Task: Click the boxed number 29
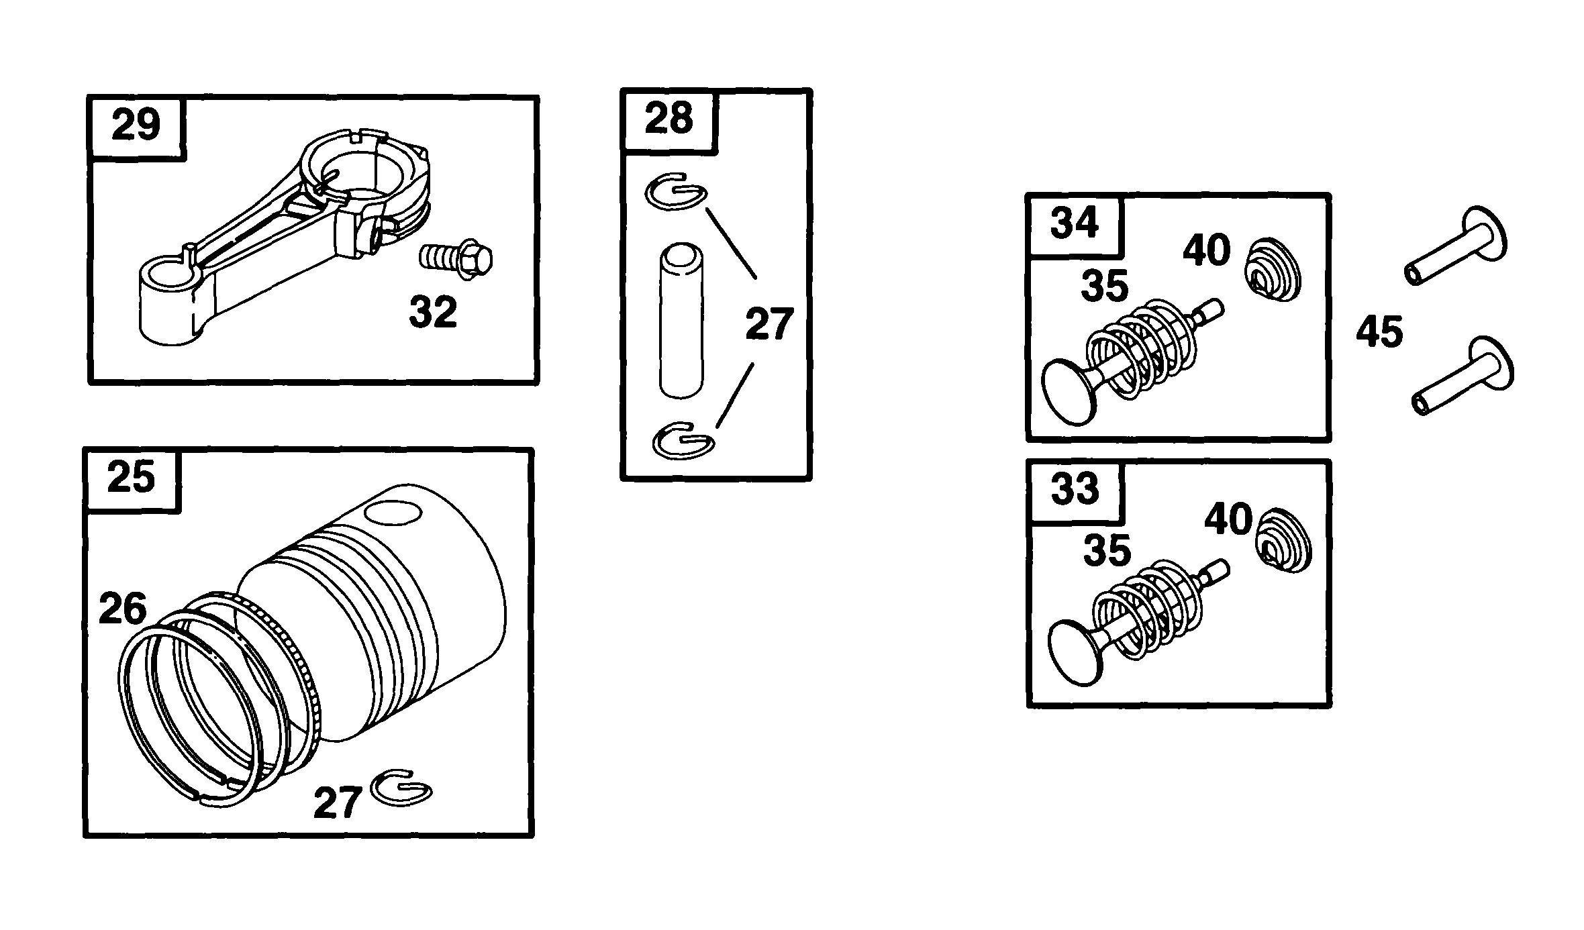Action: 136,126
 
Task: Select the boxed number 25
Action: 131,478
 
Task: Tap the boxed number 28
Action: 669,119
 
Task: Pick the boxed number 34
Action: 1074,223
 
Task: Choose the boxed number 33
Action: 1075,490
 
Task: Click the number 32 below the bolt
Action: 433,312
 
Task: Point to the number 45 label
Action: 1379,333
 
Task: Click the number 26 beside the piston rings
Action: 123,609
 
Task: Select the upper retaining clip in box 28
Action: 676,193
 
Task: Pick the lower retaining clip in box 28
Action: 683,440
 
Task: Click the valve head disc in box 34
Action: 1069,392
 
